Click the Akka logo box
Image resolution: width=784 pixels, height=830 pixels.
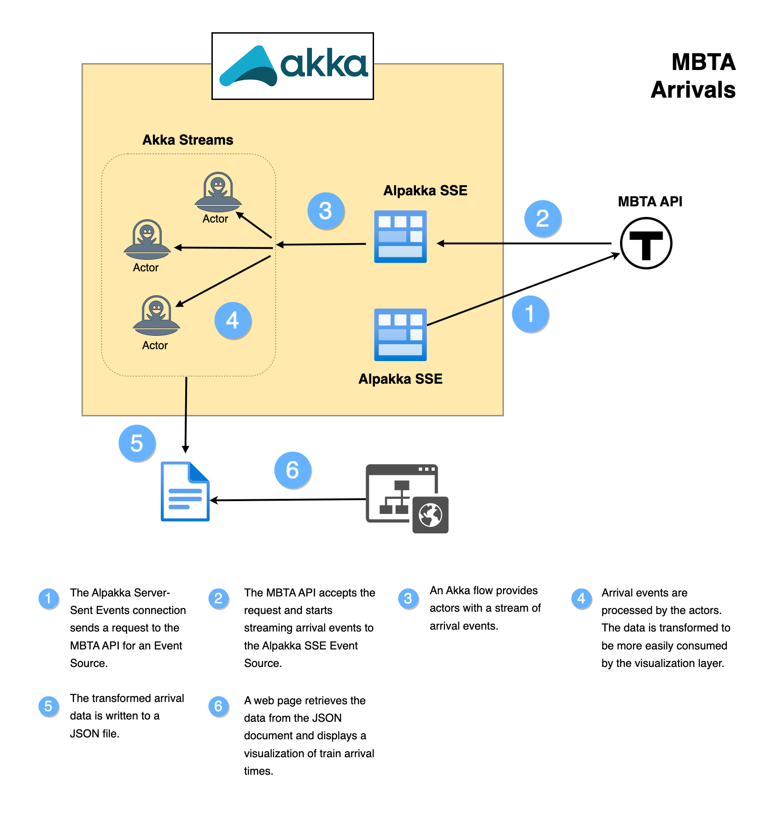tap(292, 66)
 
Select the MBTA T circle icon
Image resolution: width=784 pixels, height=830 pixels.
tap(646, 243)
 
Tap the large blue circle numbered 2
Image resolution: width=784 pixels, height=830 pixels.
tap(543, 218)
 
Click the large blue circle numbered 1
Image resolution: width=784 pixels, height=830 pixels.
tap(530, 314)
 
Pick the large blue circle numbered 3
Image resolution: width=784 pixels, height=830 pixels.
tap(326, 211)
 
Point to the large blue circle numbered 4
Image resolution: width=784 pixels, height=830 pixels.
tap(233, 320)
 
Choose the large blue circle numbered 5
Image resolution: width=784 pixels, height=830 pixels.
tap(137, 443)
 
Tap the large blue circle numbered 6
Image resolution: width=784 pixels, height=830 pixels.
tap(293, 470)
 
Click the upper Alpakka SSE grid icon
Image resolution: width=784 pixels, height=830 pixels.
tap(400, 237)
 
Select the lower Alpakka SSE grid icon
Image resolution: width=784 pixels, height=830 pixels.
tap(400, 334)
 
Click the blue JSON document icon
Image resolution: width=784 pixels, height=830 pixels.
tap(185, 491)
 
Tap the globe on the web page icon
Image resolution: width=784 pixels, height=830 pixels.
tap(430, 514)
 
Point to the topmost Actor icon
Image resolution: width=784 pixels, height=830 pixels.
tap(218, 191)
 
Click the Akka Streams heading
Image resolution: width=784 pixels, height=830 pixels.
tap(187, 140)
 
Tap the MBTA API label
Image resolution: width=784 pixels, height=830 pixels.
tap(649, 202)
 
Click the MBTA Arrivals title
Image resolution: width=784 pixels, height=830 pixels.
tap(693, 76)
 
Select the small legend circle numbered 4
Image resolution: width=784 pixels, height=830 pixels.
tap(581, 598)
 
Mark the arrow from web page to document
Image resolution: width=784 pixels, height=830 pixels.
tap(288, 500)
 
